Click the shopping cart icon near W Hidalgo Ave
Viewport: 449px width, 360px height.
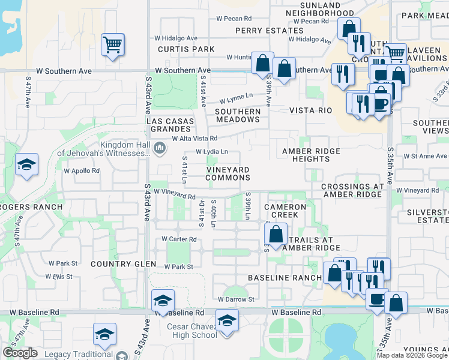[112, 45]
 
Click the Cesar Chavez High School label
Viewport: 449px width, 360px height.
[191, 331]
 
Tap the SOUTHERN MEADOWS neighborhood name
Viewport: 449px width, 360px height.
[238, 115]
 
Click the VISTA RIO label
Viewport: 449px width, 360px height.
[310, 111]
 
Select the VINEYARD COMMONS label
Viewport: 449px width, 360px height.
[228, 174]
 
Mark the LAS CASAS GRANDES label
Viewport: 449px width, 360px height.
[171, 125]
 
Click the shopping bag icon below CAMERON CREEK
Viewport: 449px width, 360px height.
[276, 234]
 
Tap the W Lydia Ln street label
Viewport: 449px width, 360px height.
[212, 152]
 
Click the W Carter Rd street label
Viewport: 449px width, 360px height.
[179, 239]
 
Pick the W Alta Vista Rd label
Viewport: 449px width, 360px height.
[190, 138]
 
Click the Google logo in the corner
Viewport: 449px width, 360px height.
[20, 353]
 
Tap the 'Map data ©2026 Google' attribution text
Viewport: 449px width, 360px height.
[412, 355]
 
